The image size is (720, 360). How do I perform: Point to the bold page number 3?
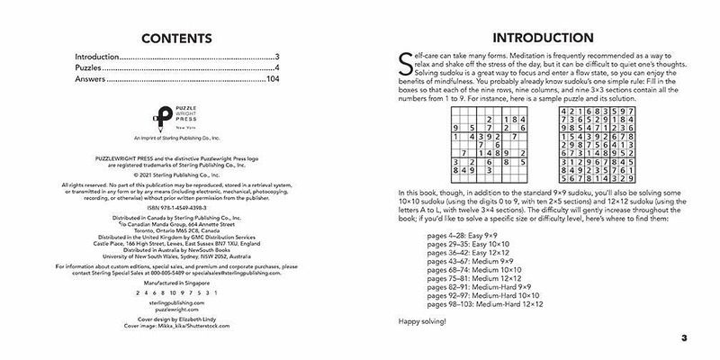click(x=684, y=338)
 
